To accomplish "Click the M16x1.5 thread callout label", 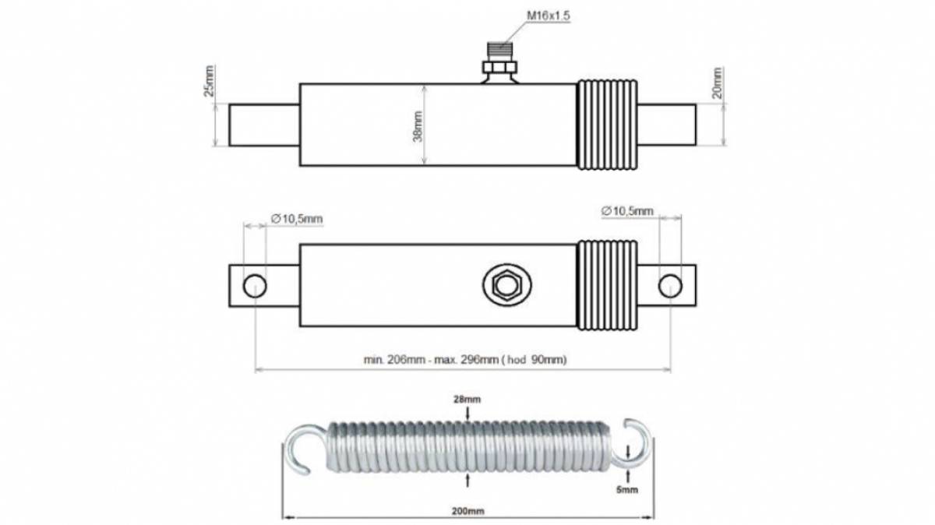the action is (x=548, y=16).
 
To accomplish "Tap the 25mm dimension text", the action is (x=209, y=81).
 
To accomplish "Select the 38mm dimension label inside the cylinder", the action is (x=418, y=126).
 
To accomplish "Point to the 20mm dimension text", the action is (x=717, y=83).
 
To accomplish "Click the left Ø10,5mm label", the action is (x=297, y=219).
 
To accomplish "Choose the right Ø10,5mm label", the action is (x=627, y=211).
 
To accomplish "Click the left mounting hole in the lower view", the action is (x=255, y=287).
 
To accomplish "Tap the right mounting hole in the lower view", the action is (x=670, y=287).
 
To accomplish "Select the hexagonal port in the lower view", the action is (x=506, y=285).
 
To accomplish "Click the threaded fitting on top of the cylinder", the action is (x=499, y=62).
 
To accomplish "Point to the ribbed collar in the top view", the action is (x=607, y=125).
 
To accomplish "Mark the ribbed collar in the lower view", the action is (x=607, y=285).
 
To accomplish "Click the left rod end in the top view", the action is (x=264, y=125).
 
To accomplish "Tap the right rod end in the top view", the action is (x=667, y=125).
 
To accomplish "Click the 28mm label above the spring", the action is (x=467, y=400).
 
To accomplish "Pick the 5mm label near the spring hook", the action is (x=627, y=489).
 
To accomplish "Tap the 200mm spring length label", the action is (x=467, y=511).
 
